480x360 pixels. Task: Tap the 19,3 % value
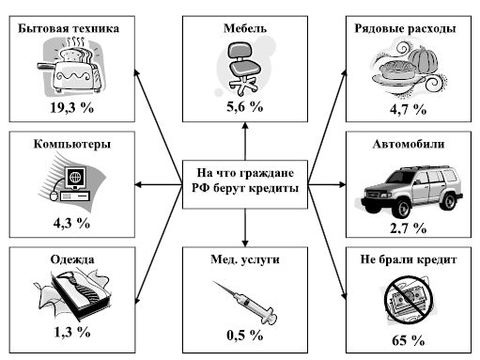tap(72, 107)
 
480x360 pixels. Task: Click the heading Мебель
tap(245, 28)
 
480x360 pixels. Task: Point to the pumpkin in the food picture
tap(423, 59)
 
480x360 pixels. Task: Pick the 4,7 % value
tap(409, 109)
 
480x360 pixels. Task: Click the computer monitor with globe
tap(75, 178)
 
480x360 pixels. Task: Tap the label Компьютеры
tap(72, 144)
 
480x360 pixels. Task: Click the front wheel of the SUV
tap(400, 208)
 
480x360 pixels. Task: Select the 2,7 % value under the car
tap(409, 228)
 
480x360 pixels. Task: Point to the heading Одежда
tap(72, 259)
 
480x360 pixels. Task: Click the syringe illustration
tap(245, 302)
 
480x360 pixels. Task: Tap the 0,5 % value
tap(245, 336)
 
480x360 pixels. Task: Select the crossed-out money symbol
tap(409, 299)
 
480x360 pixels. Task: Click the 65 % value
tap(409, 340)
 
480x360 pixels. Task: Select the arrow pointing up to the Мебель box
tap(245, 141)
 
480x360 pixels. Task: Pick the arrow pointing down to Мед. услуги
tap(245, 227)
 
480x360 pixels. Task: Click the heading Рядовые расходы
tap(405, 28)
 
